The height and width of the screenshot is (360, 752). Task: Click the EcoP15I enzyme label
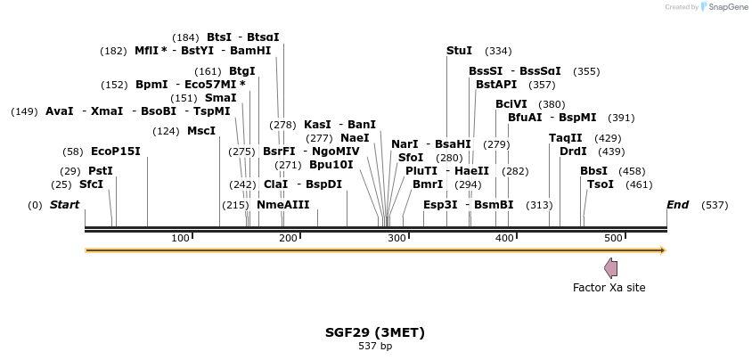pyautogui.click(x=116, y=151)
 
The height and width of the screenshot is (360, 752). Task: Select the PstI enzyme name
pyautogui.click(x=101, y=171)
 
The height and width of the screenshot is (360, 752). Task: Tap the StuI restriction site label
pyautogui.click(x=459, y=51)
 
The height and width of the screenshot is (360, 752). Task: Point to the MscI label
pyautogui.click(x=201, y=131)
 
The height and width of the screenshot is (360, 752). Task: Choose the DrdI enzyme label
pyautogui.click(x=573, y=151)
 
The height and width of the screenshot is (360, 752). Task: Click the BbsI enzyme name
pyautogui.click(x=593, y=171)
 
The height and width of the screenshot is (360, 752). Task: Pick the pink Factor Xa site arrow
pyautogui.click(x=611, y=268)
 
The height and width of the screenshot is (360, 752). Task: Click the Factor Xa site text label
pyautogui.click(x=609, y=288)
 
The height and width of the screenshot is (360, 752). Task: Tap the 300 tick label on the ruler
pyautogui.click(x=396, y=238)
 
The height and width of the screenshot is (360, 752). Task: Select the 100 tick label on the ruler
pyautogui.click(x=180, y=238)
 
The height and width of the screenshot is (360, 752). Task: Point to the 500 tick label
pyautogui.click(x=613, y=238)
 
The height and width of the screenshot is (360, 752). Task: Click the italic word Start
pyautogui.click(x=64, y=205)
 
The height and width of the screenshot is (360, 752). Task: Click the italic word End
pyautogui.click(x=678, y=205)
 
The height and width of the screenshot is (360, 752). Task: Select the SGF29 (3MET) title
pyautogui.click(x=375, y=332)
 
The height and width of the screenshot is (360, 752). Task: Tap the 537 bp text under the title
pyautogui.click(x=375, y=346)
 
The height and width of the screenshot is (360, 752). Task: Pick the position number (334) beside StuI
pyautogui.click(x=498, y=52)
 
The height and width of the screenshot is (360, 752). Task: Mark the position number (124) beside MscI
pyautogui.click(x=166, y=131)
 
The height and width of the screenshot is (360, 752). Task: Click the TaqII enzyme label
pyautogui.click(x=566, y=138)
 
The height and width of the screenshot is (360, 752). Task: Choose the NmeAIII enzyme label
pyautogui.click(x=283, y=205)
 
